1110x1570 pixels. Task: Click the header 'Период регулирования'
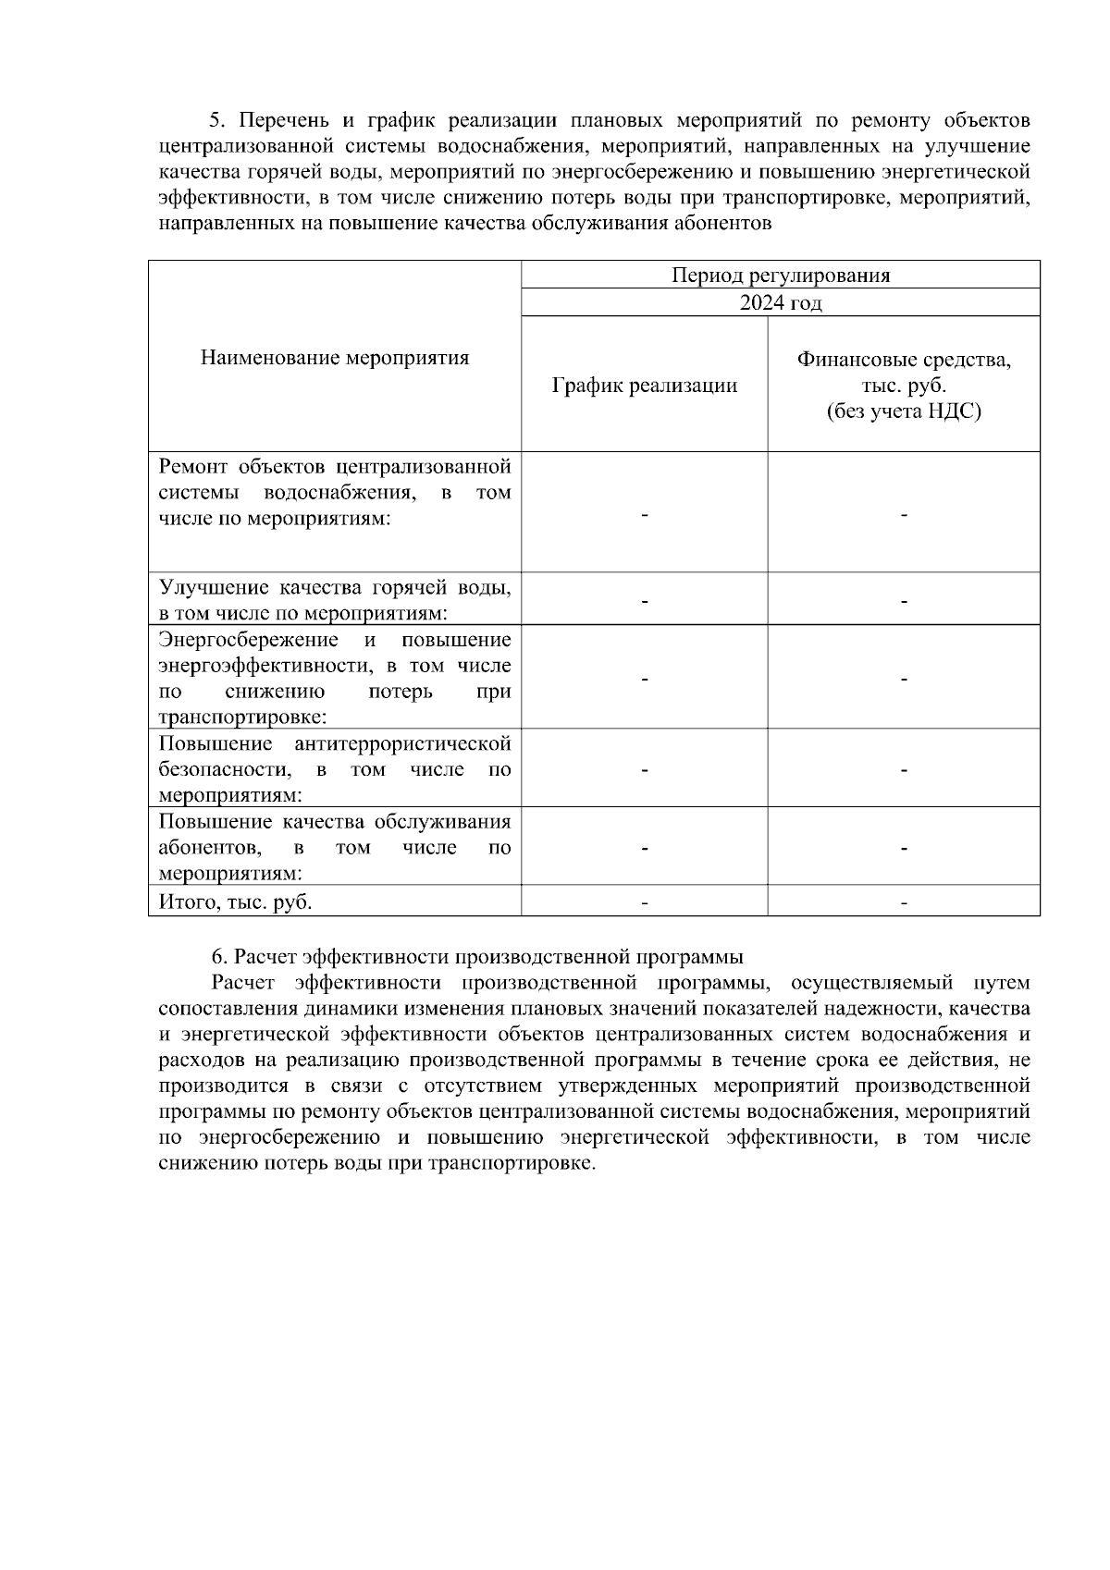tap(780, 275)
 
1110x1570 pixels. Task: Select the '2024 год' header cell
tap(780, 303)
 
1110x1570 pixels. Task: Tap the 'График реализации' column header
tap(644, 386)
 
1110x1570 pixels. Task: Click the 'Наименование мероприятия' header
tap(335, 358)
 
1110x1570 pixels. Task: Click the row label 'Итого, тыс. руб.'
tap(235, 902)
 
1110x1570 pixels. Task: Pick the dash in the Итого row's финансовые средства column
tap(904, 902)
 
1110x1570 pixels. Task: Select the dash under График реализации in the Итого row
tap(644, 902)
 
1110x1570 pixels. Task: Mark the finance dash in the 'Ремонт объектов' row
tap(904, 514)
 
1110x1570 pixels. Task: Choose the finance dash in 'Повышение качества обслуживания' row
tap(904, 848)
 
